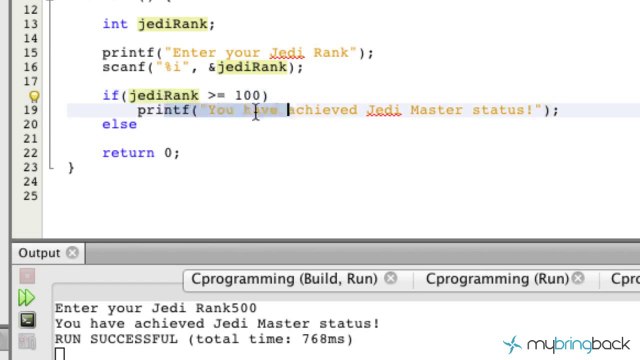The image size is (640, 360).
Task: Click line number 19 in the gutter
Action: click(x=31, y=110)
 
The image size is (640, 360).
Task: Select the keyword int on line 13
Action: click(x=114, y=24)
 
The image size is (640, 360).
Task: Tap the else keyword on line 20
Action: click(x=119, y=124)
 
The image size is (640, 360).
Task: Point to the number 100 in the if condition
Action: click(x=247, y=96)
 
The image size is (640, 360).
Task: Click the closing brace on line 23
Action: click(x=71, y=168)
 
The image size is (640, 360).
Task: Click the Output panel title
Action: click(x=39, y=254)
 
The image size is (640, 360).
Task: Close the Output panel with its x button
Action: click(x=73, y=254)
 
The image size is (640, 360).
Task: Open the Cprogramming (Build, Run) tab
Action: click(x=284, y=280)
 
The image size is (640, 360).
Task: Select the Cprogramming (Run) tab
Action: click(x=496, y=280)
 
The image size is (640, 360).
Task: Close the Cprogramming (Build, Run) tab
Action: click(x=391, y=280)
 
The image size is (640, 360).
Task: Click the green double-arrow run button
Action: click(x=27, y=298)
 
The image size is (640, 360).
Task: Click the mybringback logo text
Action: click(x=580, y=344)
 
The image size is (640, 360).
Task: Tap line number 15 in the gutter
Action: click(x=31, y=53)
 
